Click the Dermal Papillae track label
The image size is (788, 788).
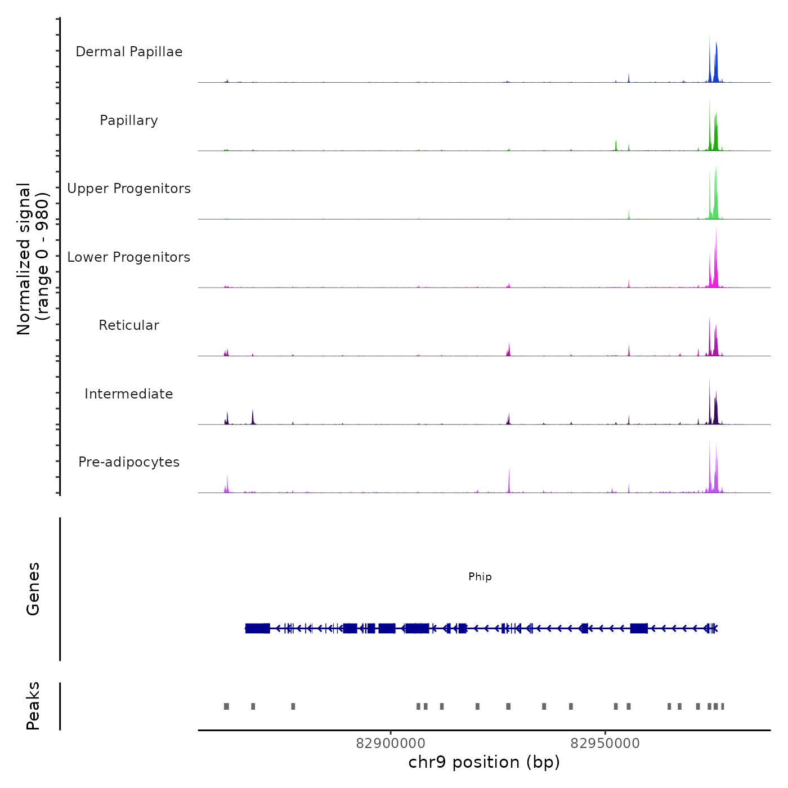pos(129,52)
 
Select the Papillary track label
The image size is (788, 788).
pos(129,120)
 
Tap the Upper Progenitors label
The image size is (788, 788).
pos(129,189)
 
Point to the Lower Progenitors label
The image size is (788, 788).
pos(129,257)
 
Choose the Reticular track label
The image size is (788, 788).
pos(129,325)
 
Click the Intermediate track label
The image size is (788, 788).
pos(129,394)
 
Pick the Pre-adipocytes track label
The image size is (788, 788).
pos(129,462)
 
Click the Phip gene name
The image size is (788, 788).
pos(480,577)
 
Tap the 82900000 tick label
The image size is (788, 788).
pos(391,744)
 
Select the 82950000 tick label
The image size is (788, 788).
pos(605,744)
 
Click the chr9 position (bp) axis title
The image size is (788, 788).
pos(484,763)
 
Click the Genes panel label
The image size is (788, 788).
pos(33,589)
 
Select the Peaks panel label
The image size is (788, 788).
pos(33,706)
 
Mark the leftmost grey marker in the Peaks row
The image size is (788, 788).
pos(226,706)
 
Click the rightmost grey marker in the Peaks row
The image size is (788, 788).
pos(723,706)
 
